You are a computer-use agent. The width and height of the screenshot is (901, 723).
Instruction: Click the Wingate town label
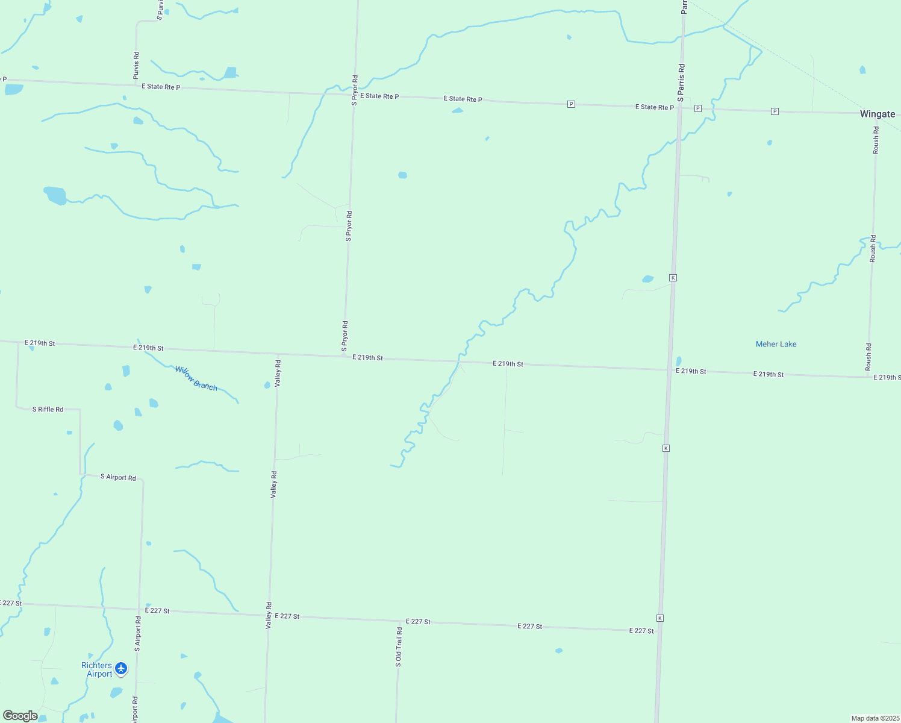(x=877, y=114)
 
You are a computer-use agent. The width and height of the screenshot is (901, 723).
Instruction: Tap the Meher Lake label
(x=776, y=344)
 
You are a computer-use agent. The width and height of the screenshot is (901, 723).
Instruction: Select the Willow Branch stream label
(x=196, y=378)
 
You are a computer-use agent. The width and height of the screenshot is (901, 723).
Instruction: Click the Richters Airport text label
(x=97, y=669)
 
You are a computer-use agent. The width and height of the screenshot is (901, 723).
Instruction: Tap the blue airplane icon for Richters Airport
(x=121, y=668)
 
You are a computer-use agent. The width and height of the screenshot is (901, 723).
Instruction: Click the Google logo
(x=20, y=716)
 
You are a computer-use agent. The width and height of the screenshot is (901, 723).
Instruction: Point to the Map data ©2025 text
(x=875, y=718)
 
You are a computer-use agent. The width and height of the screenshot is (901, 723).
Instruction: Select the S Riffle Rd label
(x=48, y=409)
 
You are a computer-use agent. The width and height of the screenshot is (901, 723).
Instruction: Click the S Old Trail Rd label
(x=398, y=646)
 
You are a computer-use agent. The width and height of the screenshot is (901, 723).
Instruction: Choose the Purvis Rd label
(x=136, y=66)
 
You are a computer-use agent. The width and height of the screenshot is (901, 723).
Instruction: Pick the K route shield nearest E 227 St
(x=660, y=618)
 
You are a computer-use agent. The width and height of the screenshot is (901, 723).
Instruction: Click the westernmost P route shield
(x=571, y=104)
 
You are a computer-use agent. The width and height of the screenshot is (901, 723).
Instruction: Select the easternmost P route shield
(x=775, y=111)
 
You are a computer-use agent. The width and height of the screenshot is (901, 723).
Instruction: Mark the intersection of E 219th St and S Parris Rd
(x=670, y=369)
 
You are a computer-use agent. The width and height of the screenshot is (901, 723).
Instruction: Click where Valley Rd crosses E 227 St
(x=268, y=615)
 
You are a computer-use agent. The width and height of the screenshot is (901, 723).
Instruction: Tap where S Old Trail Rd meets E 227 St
(x=398, y=621)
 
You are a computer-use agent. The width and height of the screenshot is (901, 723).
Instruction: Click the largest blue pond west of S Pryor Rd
(x=55, y=195)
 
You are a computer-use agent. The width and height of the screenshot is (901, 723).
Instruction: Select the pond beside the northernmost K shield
(x=648, y=279)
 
